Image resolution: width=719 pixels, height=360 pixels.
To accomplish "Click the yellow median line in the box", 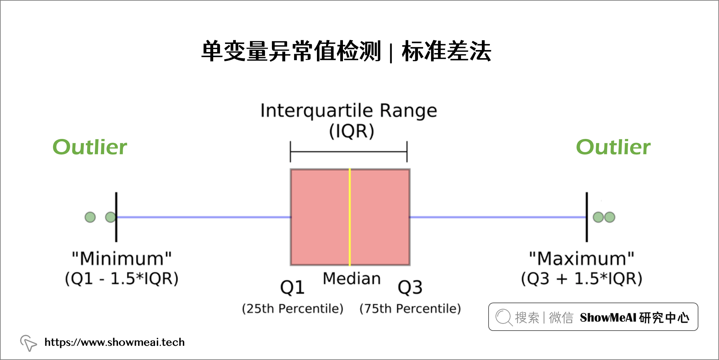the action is pos(350,217).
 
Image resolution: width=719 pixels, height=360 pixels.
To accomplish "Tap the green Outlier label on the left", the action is pos(90,147).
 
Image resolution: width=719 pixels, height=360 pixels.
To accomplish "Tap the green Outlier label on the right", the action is pos(613,147).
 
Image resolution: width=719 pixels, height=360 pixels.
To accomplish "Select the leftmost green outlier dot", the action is pos(90,217).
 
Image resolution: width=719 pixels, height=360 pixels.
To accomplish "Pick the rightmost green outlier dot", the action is pos(610,217).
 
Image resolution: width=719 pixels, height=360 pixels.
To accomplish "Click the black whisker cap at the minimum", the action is pos(116,217).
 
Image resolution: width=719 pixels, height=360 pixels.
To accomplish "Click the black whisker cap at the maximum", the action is pos(587,217).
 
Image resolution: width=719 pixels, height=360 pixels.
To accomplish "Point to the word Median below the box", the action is pos(352,279).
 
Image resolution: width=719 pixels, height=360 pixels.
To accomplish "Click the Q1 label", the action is pos(293,288).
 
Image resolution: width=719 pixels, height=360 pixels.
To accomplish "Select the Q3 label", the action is pos(410,288).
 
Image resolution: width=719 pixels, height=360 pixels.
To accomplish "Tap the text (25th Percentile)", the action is pos(293,309).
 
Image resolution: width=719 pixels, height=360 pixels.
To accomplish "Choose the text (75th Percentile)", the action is pos(410,309).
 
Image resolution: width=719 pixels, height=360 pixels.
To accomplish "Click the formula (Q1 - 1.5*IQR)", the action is pos(122,279).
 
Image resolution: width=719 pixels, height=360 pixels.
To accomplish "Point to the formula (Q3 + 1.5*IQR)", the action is pos(581,279).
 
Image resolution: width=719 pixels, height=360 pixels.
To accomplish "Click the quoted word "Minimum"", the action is pos(122,259).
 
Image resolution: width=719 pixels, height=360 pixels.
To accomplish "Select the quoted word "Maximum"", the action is pos(581,259).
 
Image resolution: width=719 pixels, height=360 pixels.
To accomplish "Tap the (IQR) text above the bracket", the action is pos(352,131).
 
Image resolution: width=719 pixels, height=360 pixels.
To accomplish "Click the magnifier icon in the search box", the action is pos(504,317).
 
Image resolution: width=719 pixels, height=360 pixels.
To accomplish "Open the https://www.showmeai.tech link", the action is pos(115,342).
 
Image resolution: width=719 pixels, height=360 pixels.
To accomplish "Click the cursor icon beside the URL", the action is pos(28,343).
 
